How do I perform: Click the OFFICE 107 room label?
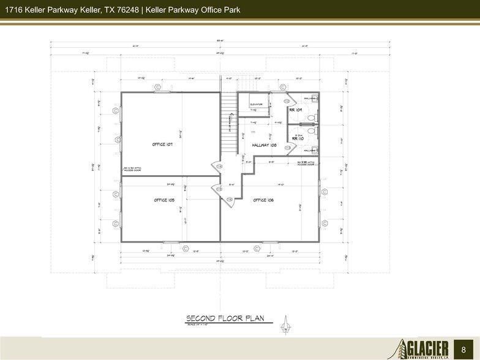[163, 144]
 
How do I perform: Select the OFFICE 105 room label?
[164, 200]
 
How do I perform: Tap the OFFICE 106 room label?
[263, 200]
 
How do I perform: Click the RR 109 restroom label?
[296, 110]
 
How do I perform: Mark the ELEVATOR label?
[257, 104]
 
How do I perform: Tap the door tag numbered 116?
[230, 199]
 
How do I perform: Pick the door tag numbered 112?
[287, 101]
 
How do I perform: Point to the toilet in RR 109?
[311, 116]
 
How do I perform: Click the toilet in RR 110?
[311, 130]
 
